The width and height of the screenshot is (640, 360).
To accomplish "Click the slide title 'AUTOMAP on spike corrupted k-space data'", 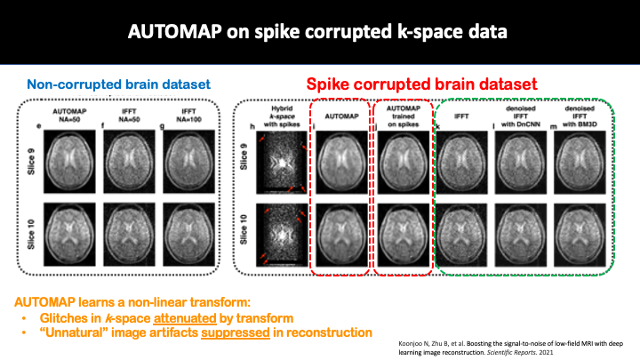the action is (319, 34).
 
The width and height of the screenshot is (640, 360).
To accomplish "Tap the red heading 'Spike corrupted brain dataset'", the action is (421, 84).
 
